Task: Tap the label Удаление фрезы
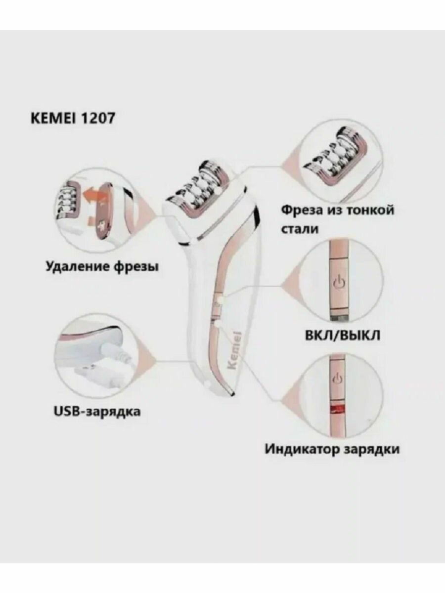pyautogui.click(x=102, y=267)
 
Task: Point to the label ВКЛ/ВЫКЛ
pyautogui.click(x=342, y=337)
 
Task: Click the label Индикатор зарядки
pyautogui.click(x=332, y=449)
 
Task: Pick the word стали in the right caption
pyautogui.click(x=300, y=229)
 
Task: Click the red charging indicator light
pyautogui.click(x=339, y=408)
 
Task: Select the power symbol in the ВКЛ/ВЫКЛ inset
pyautogui.click(x=339, y=283)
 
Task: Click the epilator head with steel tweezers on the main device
pyautogui.click(x=204, y=189)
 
